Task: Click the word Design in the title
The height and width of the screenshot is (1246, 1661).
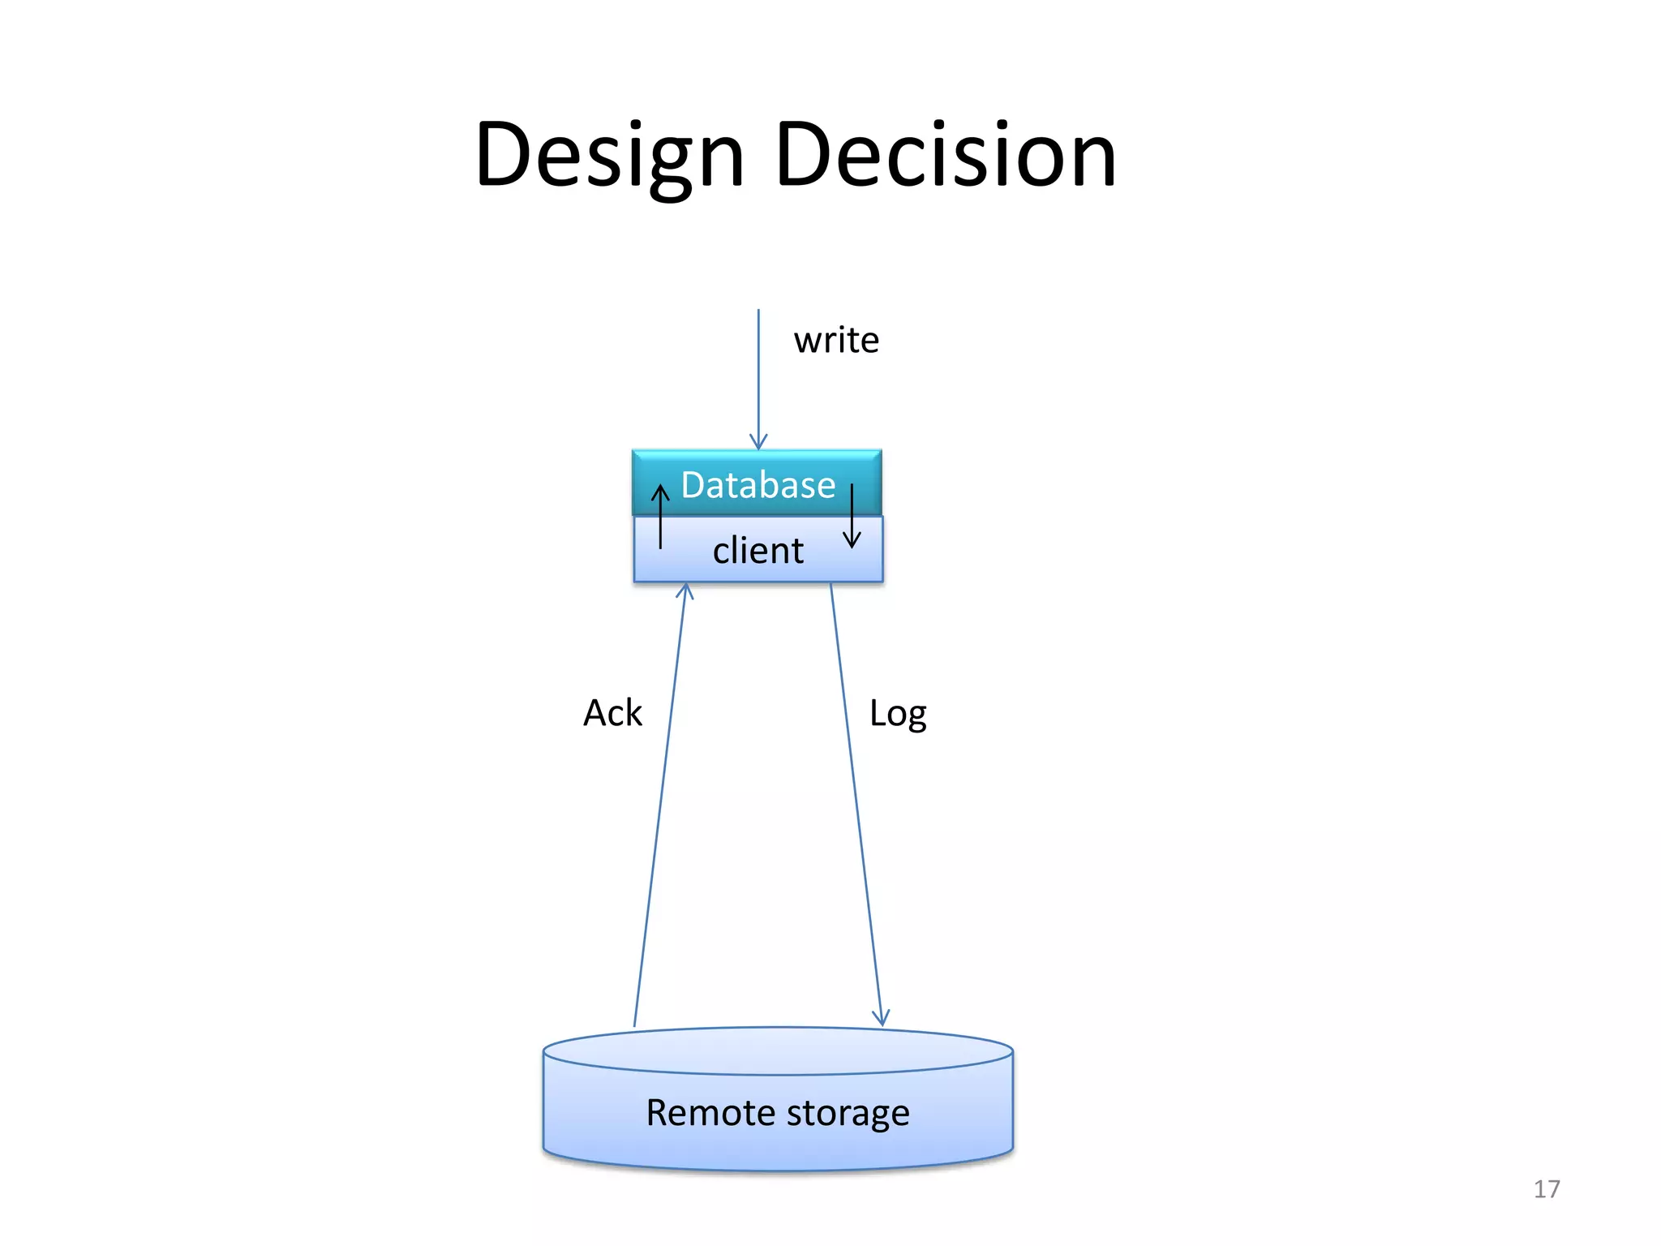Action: tap(609, 156)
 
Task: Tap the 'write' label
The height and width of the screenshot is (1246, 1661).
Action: tap(836, 340)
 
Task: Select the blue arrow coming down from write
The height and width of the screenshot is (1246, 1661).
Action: tap(758, 373)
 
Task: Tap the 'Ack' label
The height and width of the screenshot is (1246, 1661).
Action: tap(612, 713)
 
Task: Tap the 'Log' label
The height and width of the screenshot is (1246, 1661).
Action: tap(898, 714)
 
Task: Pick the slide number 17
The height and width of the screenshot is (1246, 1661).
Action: tap(1547, 1189)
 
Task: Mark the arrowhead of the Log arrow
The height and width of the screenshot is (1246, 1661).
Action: tap(882, 1018)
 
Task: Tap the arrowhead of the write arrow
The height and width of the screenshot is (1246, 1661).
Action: tap(758, 442)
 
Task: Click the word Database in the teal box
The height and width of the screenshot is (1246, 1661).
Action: tap(758, 485)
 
